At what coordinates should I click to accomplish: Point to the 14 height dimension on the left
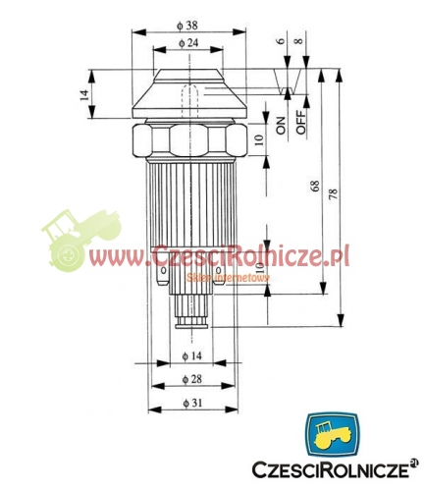[x=85, y=94]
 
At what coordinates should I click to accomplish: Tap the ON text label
[x=280, y=124]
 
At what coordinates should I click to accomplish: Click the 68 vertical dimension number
[x=314, y=187]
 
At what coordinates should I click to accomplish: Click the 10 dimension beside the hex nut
[x=258, y=139]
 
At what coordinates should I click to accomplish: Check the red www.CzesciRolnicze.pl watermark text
[x=226, y=257]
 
